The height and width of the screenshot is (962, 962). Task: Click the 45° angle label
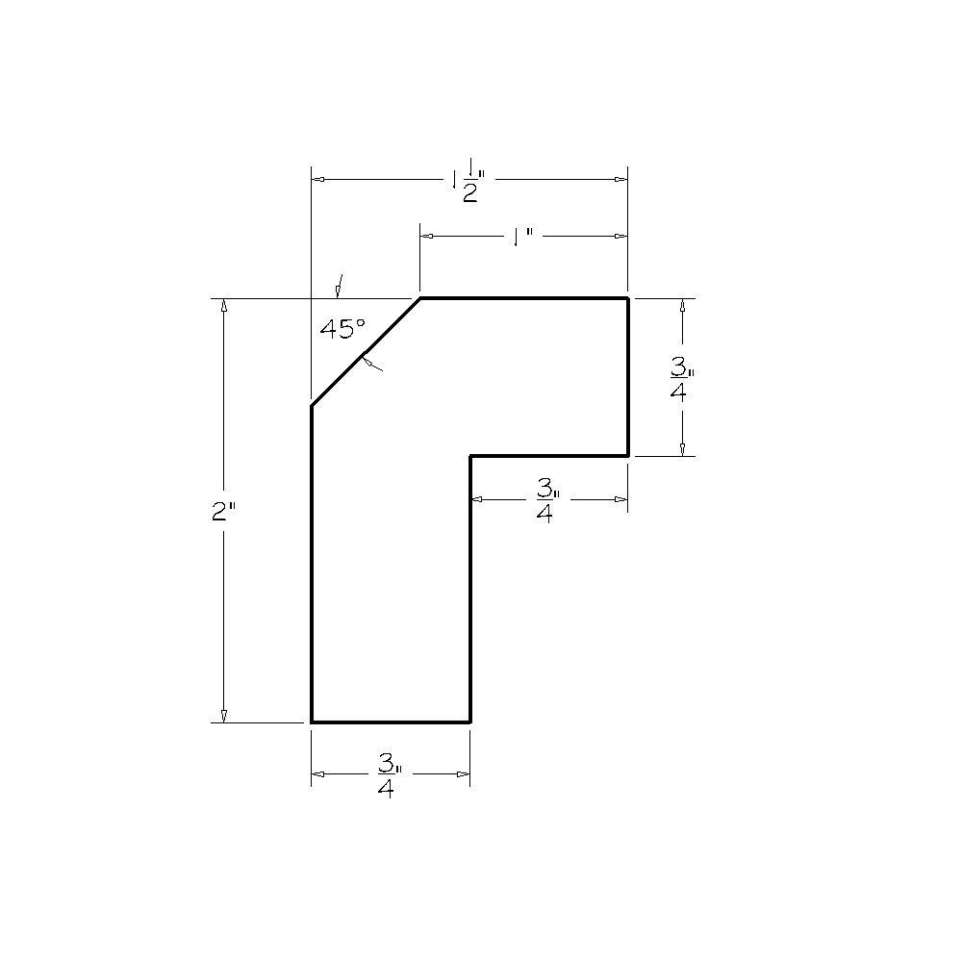pos(342,329)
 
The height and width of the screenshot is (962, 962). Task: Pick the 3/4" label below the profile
pos(389,775)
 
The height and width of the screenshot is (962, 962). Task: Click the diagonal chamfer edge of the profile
pos(366,353)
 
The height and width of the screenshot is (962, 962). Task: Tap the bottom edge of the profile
pos(391,721)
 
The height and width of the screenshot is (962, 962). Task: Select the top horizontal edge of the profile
pos(524,299)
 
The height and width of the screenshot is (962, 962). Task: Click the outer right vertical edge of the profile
pos(628,377)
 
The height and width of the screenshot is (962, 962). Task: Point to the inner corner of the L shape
pos(470,455)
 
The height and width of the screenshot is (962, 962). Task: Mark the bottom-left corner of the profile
pos(312,721)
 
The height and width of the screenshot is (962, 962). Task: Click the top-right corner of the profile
pos(628,299)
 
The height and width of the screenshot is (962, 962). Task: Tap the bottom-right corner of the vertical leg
pos(470,721)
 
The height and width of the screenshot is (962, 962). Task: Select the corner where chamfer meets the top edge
pos(420,299)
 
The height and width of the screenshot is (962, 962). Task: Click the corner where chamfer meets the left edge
pos(312,407)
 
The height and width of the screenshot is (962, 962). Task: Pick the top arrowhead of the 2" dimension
pos(224,305)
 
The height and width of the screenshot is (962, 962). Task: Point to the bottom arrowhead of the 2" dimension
pos(224,715)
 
